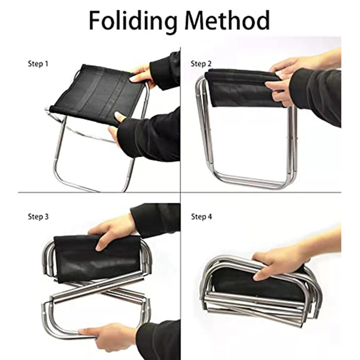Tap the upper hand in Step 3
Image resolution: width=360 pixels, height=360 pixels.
click(x=112, y=229)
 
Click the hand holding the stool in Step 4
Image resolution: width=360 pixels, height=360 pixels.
click(x=279, y=263)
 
